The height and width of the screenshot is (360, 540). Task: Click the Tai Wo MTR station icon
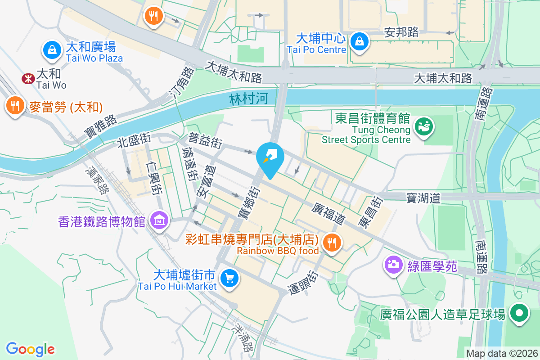(x=28, y=79)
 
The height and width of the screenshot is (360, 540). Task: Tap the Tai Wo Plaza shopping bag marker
(x=53, y=50)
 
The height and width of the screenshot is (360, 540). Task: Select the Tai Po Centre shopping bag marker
(x=360, y=42)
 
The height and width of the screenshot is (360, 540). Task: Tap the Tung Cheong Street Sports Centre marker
(x=423, y=126)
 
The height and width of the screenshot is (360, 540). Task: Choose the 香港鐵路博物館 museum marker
(x=159, y=220)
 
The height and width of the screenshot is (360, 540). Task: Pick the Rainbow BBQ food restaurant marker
(x=332, y=243)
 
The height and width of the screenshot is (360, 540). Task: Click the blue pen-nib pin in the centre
(x=270, y=158)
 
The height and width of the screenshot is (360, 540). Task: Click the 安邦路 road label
(x=401, y=32)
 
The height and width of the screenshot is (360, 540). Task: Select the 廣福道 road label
(x=329, y=213)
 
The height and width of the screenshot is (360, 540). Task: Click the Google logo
(x=30, y=349)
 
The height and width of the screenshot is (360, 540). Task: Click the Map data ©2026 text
(x=502, y=353)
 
